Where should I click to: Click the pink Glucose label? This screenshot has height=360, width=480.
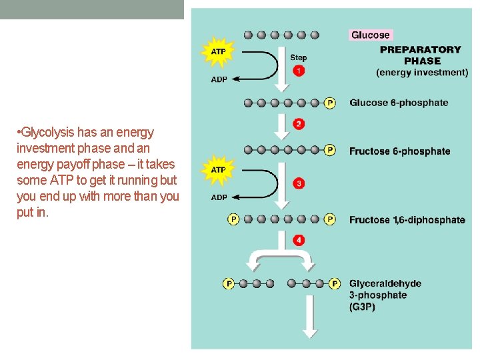tap(371, 35)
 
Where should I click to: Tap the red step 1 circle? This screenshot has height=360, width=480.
tap(299, 71)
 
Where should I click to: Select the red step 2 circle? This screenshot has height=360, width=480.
tap(299, 124)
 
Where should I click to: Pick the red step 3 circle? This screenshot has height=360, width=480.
tap(299, 183)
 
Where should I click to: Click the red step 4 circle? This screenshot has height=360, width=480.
tap(299, 240)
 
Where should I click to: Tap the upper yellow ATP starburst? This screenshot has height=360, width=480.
tap(218, 51)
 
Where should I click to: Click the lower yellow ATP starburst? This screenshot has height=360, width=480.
tap(218, 170)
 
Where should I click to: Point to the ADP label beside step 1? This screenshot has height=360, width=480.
tap(219, 79)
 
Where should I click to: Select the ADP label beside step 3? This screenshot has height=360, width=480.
tap(219, 197)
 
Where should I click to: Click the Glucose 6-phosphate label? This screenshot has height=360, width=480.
tap(399, 103)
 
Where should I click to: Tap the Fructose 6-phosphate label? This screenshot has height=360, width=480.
tap(399, 151)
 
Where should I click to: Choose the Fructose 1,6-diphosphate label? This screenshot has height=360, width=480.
tap(407, 220)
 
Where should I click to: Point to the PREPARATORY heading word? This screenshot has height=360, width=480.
tap(420, 49)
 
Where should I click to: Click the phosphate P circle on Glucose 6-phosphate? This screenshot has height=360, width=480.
tap(330, 103)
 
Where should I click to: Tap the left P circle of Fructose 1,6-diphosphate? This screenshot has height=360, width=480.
tap(233, 219)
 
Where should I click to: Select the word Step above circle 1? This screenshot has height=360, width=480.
tap(299, 58)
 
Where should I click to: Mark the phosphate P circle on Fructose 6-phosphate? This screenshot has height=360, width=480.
tap(330, 150)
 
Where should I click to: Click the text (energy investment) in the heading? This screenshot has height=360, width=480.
tap(422, 72)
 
